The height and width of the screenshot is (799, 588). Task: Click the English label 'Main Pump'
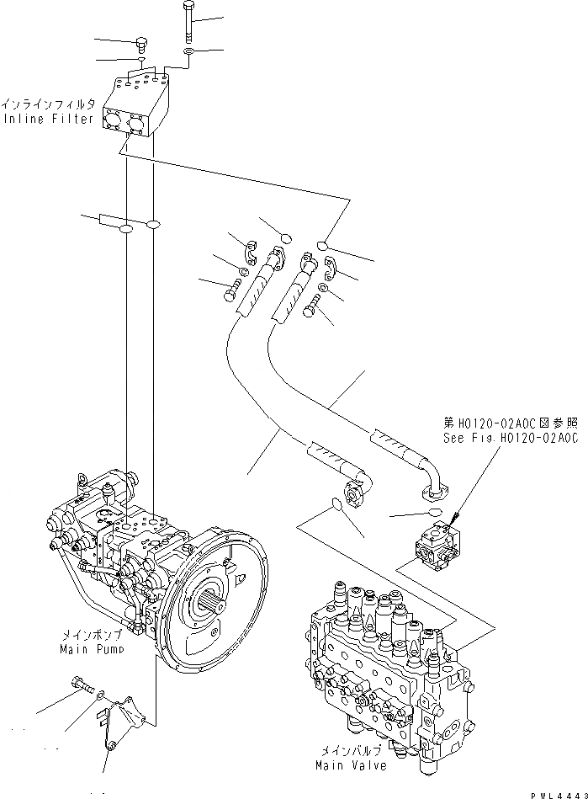point(92,649)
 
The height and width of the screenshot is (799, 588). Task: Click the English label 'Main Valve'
point(352,765)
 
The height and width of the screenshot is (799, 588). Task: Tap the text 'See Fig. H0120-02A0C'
point(510,439)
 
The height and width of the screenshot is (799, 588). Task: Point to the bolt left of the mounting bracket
point(81,684)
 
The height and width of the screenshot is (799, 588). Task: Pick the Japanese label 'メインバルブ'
point(352,753)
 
